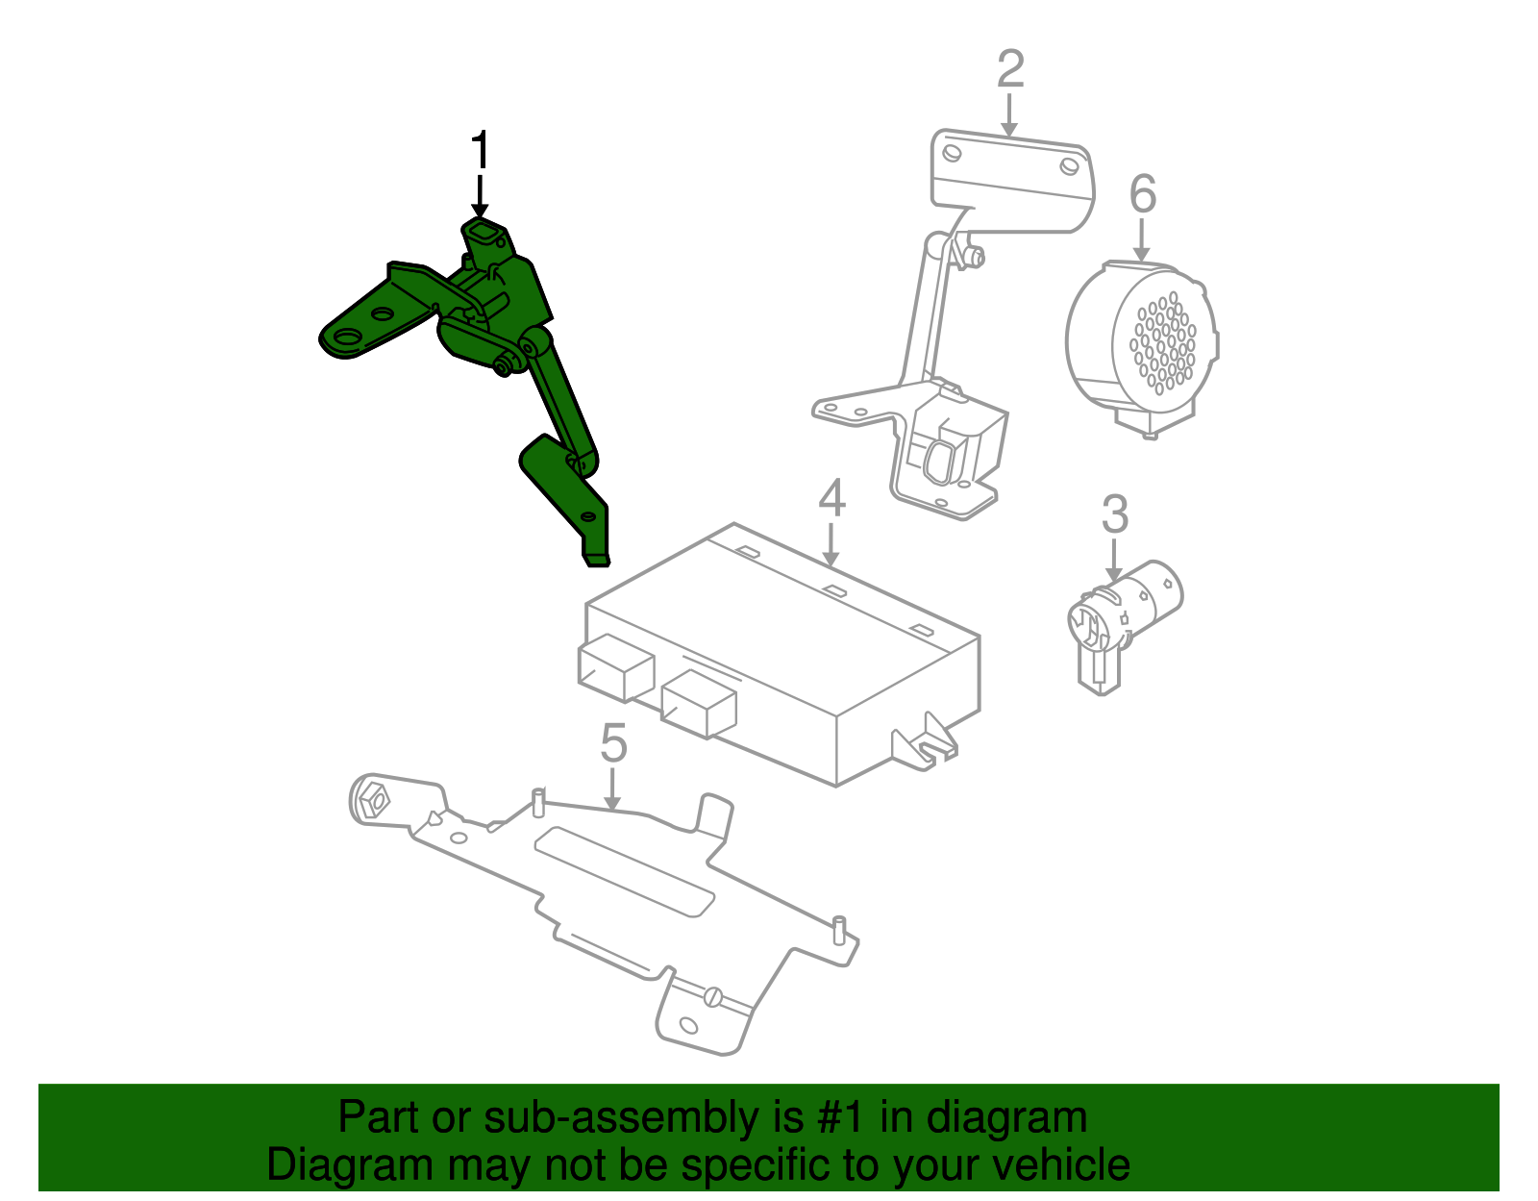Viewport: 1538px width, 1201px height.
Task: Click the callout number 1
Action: pos(480,152)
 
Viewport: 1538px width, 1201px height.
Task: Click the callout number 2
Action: pos(1010,70)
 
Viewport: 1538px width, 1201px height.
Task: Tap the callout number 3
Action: pos(1114,514)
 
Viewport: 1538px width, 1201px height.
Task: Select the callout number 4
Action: pos(832,498)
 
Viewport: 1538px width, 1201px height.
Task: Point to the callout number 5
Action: pos(613,743)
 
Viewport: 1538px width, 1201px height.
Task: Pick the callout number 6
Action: pos(1142,194)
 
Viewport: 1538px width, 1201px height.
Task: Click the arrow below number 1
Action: pos(480,197)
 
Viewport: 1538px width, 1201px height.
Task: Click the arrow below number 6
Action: pos(1142,240)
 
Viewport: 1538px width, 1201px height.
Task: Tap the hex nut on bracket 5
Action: pos(374,800)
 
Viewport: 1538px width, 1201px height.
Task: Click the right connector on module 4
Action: pos(699,704)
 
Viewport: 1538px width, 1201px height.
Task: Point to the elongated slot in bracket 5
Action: pos(625,870)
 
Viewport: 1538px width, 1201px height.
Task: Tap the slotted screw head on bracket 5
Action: pos(712,996)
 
